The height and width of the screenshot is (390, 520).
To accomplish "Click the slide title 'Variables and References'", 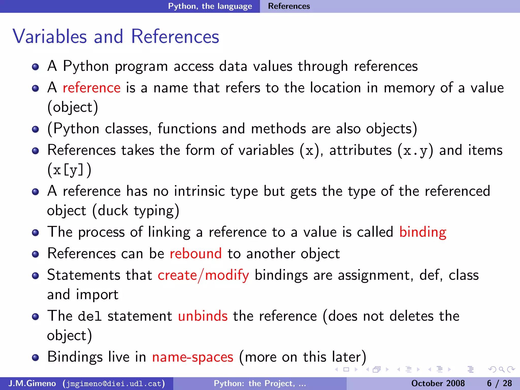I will (x=116, y=37).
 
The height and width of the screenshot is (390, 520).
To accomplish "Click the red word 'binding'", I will (x=422, y=232).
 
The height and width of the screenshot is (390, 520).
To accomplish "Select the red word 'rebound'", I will (x=196, y=254).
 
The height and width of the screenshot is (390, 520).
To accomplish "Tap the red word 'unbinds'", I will (x=203, y=316).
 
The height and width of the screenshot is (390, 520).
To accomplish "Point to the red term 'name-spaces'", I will (x=192, y=357).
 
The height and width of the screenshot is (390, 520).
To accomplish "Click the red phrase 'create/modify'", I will (x=203, y=275).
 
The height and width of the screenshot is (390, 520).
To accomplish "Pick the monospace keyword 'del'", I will (x=90, y=316).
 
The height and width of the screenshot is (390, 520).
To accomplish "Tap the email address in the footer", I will (x=114, y=383).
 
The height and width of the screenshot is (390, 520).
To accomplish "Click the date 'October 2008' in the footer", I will (x=438, y=383).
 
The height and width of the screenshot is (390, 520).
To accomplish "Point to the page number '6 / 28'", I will (x=499, y=383).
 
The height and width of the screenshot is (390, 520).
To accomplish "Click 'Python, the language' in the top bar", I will (x=210, y=6).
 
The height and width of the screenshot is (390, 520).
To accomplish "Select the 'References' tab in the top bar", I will (x=289, y=6).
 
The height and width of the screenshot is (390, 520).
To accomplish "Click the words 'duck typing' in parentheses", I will (x=136, y=211).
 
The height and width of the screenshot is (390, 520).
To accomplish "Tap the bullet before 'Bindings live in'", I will (x=36, y=357).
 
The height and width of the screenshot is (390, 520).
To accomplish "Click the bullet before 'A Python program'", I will (x=36, y=67).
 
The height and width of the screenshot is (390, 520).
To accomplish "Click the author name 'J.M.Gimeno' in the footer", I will (x=32, y=383).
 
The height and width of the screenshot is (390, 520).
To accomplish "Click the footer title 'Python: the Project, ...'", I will (x=260, y=383).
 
